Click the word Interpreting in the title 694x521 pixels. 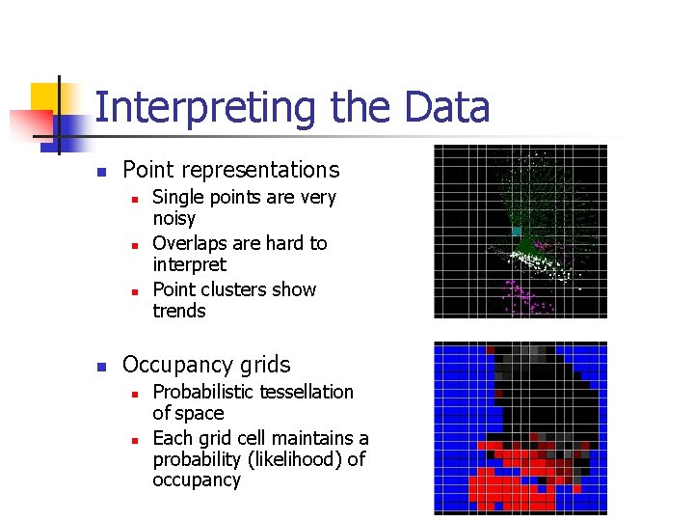point(206,108)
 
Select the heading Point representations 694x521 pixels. point(230,170)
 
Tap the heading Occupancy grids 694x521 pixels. point(206,365)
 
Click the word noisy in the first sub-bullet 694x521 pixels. point(173,219)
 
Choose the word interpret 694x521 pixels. point(189,264)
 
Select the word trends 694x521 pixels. point(179,311)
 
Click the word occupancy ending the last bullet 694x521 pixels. point(196,480)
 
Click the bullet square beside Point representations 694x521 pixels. point(99,172)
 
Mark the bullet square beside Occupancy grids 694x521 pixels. point(99,367)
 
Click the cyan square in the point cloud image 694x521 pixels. point(517,233)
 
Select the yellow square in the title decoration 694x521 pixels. point(44,97)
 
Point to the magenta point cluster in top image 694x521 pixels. point(525,294)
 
